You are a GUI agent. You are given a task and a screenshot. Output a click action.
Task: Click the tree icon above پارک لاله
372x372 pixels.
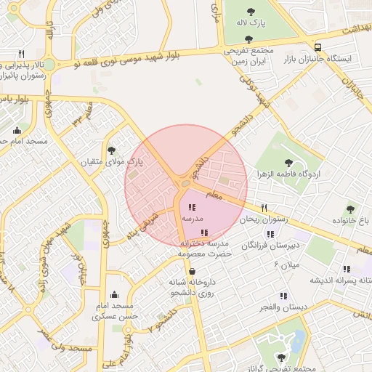point(251,12)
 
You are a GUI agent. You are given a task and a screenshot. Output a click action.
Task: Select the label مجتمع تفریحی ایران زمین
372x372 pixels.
point(248,57)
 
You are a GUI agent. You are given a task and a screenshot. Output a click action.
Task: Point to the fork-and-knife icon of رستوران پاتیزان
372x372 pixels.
point(21,54)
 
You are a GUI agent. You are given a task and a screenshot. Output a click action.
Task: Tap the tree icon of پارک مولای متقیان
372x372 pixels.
point(111,150)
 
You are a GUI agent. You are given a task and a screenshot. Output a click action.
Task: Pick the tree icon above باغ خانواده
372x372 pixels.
point(350,209)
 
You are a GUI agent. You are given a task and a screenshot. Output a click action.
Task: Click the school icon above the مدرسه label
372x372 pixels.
point(192,208)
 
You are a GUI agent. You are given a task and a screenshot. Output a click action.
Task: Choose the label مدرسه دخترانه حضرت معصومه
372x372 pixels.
point(204,248)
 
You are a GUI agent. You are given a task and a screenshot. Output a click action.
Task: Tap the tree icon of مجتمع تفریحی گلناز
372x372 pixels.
point(282,357)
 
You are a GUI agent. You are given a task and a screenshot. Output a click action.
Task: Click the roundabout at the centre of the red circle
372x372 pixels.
point(186,185)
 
